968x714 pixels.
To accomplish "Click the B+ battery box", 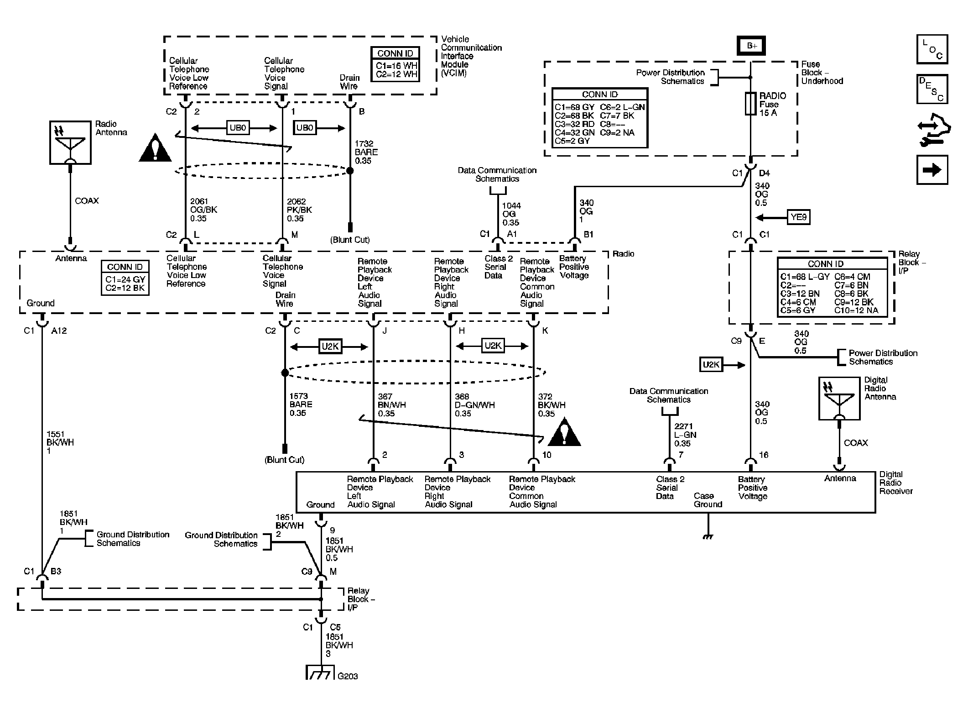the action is pyautogui.click(x=752, y=46).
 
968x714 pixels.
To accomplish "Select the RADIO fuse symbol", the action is pyautogui.click(x=750, y=104).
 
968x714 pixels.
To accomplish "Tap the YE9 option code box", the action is pyautogui.click(x=798, y=217).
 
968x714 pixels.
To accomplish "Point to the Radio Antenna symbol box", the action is pyautogui.click(x=70, y=142).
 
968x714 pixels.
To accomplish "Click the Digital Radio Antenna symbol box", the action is pyautogui.click(x=839, y=398).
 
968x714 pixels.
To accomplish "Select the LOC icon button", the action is pyautogui.click(x=932, y=49).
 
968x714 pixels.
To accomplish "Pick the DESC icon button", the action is pyautogui.click(x=932, y=89).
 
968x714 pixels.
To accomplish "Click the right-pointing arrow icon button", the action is pyautogui.click(x=932, y=170).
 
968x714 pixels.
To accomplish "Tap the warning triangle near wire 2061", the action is pyautogui.click(x=156, y=148).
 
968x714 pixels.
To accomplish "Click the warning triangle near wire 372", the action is pyautogui.click(x=564, y=431).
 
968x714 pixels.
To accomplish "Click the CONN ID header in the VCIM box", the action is pyautogui.click(x=395, y=53).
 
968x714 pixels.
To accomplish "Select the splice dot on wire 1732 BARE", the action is pyautogui.click(x=350, y=171).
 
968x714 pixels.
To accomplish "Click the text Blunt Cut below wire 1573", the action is pyautogui.click(x=284, y=460).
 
